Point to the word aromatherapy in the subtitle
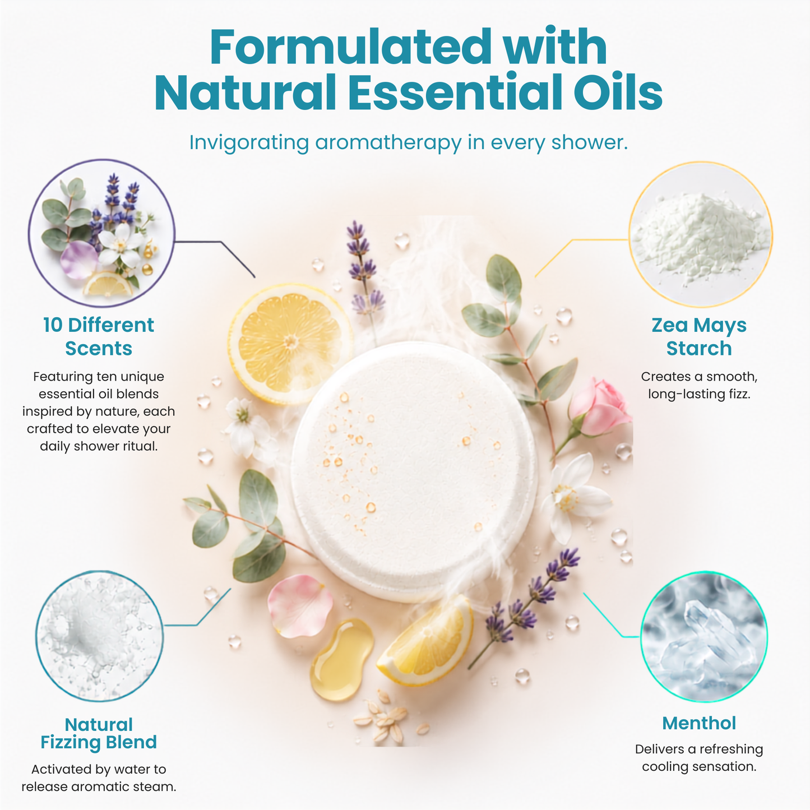(x=388, y=143)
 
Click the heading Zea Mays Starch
(x=698, y=336)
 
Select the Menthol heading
(x=698, y=723)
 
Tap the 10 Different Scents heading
(x=99, y=336)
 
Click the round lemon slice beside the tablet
(x=290, y=344)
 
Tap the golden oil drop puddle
(x=341, y=659)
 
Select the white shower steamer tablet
(x=414, y=471)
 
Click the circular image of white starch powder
(x=700, y=234)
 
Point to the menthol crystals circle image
(x=703, y=636)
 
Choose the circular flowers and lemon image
(x=101, y=233)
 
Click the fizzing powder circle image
(x=99, y=636)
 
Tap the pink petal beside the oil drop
(x=299, y=606)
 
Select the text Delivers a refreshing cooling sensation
(x=698, y=757)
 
